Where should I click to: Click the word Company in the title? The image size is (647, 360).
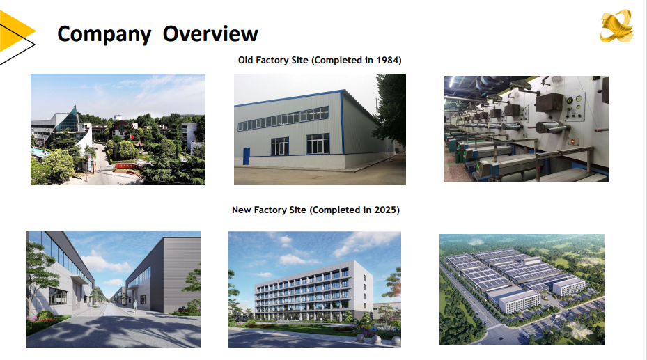pos(104,35)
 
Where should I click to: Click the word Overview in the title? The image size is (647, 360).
pos(210,33)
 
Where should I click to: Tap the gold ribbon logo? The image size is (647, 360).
pos(616,26)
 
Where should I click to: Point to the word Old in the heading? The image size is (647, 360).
pos(246,60)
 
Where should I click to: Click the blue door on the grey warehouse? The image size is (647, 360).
pos(247,156)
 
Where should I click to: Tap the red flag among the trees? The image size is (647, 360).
pos(132,136)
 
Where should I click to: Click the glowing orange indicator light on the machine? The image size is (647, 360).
pos(572,142)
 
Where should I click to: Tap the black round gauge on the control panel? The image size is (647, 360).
pos(569,100)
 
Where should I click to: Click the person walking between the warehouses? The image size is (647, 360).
pos(135,306)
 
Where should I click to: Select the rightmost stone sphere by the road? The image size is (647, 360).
pos(396,341)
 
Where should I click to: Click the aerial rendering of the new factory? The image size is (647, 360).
pos(522,290)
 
